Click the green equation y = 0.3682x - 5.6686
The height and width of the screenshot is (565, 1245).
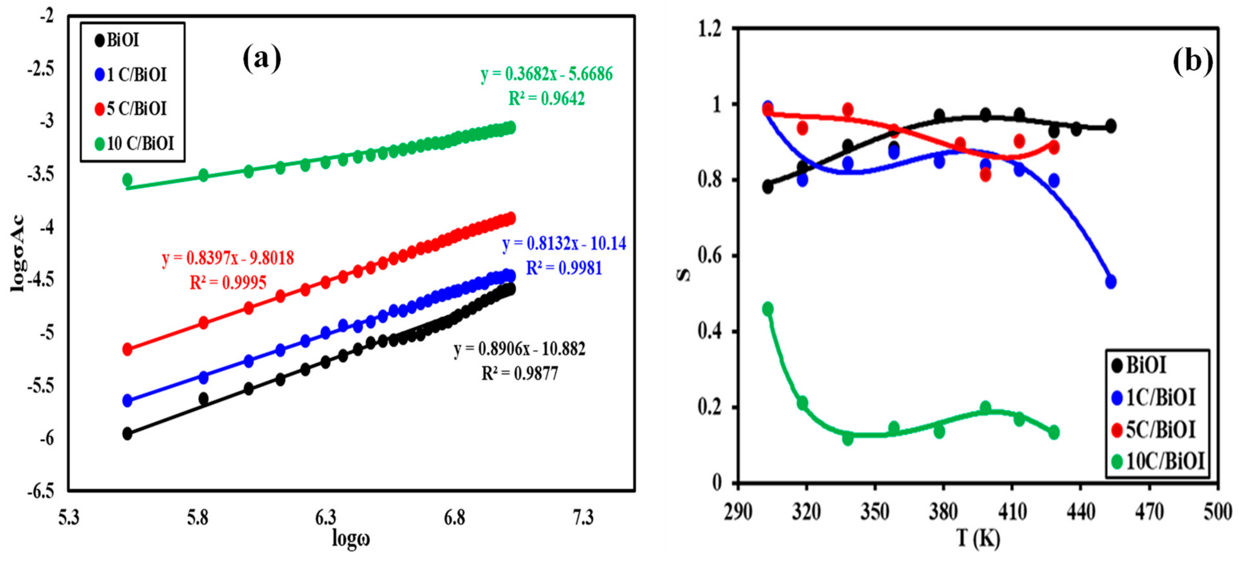pyautogui.click(x=546, y=74)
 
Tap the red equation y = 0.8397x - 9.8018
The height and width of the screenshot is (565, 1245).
pyautogui.click(x=228, y=258)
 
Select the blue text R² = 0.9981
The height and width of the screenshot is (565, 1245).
pyautogui.click(x=564, y=268)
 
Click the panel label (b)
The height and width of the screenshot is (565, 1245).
pyautogui.click(x=1192, y=61)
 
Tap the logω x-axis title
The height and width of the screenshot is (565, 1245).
pyautogui.click(x=351, y=538)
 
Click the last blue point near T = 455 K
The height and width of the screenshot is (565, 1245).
pyautogui.click(x=1111, y=281)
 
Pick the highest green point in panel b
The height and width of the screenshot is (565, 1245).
pyautogui.click(x=767, y=309)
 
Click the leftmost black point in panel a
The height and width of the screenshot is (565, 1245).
pyautogui.click(x=127, y=433)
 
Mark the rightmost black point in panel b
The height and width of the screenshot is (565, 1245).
pyautogui.click(x=1111, y=126)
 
